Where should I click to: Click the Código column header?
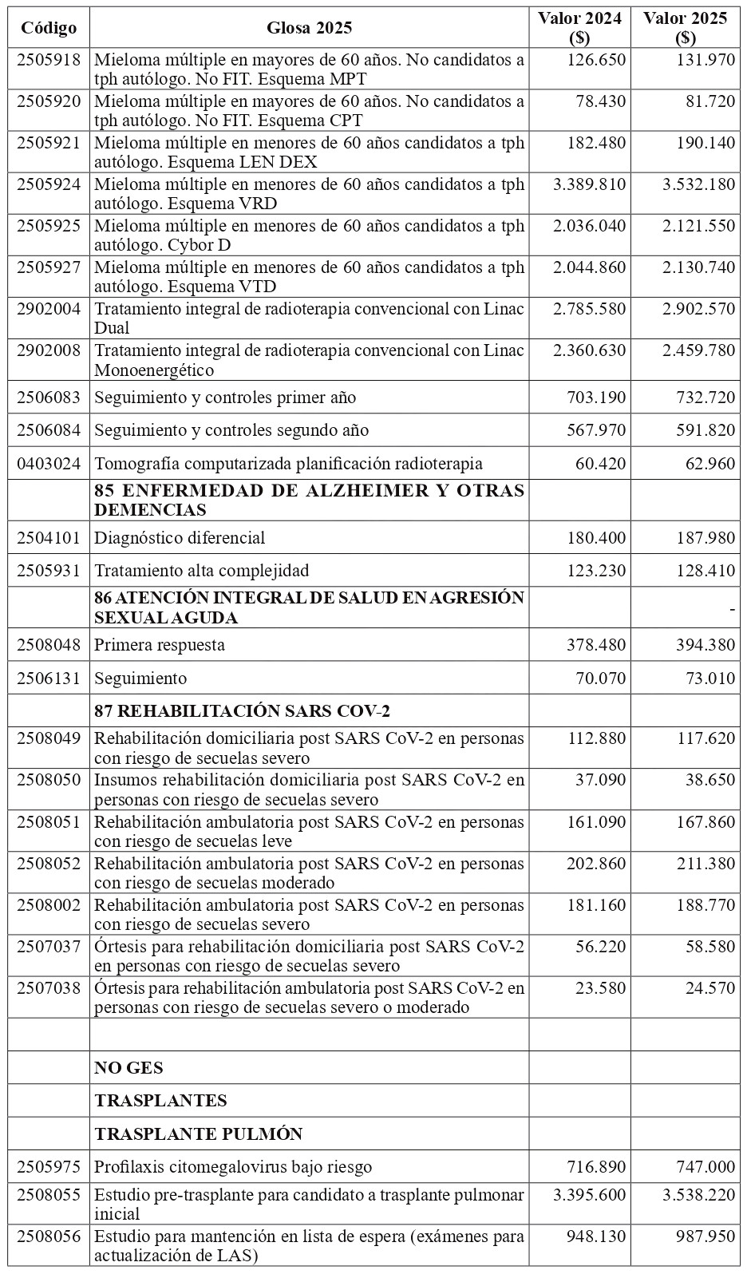(49, 29)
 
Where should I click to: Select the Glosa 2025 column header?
(309, 29)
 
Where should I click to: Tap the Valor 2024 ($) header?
(579, 29)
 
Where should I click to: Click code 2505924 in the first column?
(49, 184)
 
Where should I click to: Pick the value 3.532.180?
(698, 184)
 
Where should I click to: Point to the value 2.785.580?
(590, 309)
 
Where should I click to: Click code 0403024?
(49, 464)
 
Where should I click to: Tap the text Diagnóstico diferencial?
(180, 538)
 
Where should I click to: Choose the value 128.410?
(704, 571)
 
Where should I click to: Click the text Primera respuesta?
(160, 645)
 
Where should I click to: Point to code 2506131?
(49, 679)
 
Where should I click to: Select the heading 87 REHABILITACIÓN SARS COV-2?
(242, 711)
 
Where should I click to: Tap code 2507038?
(49, 988)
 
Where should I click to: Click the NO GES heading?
(128, 1068)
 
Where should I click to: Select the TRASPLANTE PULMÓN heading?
(198, 1134)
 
